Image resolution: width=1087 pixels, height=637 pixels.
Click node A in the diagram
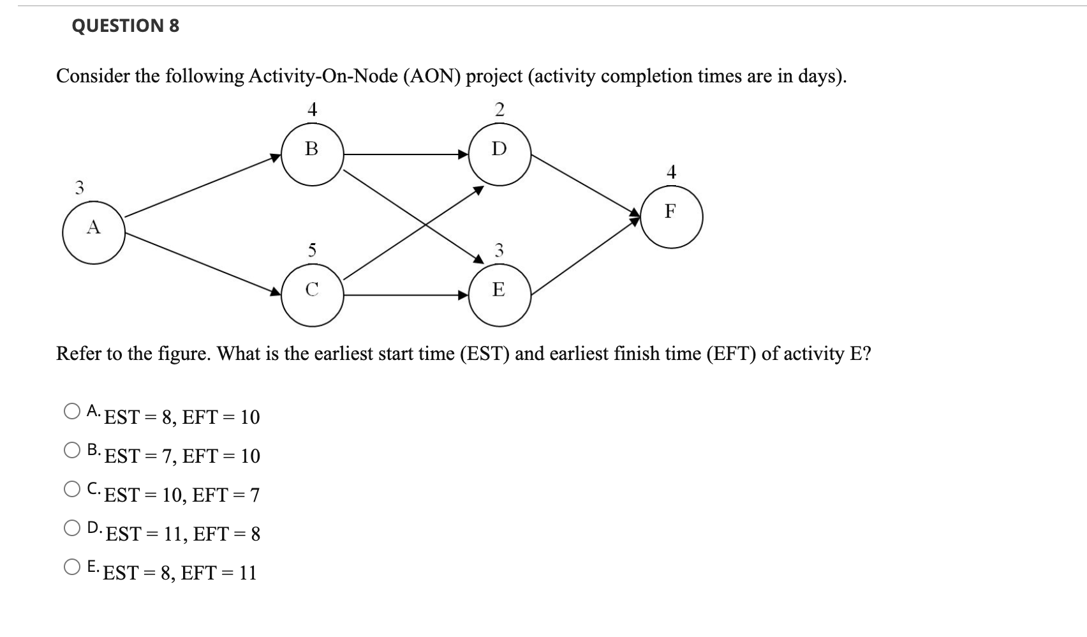pyautogui.click(x=94, y=232)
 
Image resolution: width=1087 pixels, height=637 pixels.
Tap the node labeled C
pyautogui.click(x=312, y=295)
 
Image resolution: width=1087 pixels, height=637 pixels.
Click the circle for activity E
pyautogui.click(x=499, y=295)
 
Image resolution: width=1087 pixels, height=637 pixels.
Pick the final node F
pyautogui.click(x=671, y=217)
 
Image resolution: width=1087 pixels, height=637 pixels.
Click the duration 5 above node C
pyautogui.click(x=311, y=250)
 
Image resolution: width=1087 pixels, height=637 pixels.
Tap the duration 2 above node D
pyautogui.click(x=499, y=110)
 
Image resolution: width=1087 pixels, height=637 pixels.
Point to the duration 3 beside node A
pyautogui.click(x=79, y=188)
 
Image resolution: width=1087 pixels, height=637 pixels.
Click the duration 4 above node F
pyautogui.click(x=671, y=172)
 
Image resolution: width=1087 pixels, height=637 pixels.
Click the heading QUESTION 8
pyautogui.click(x=126, y=26)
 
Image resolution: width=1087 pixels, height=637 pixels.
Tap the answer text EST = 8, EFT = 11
pyautogui.click(x=180, y=573)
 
